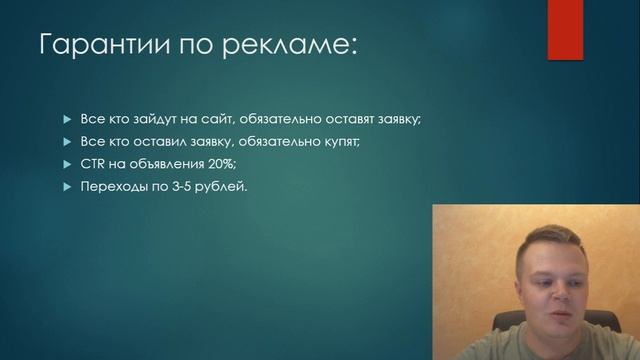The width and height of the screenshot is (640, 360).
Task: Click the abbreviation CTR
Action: (94, 164)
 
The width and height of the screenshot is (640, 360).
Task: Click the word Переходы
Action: (113, 187)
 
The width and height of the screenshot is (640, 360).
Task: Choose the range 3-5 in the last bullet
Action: (184, 187)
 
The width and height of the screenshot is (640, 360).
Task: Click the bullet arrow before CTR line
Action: (68, 164)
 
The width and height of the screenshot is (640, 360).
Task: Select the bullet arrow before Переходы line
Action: (68, 187)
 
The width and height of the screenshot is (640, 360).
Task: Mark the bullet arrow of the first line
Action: (68, 119)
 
